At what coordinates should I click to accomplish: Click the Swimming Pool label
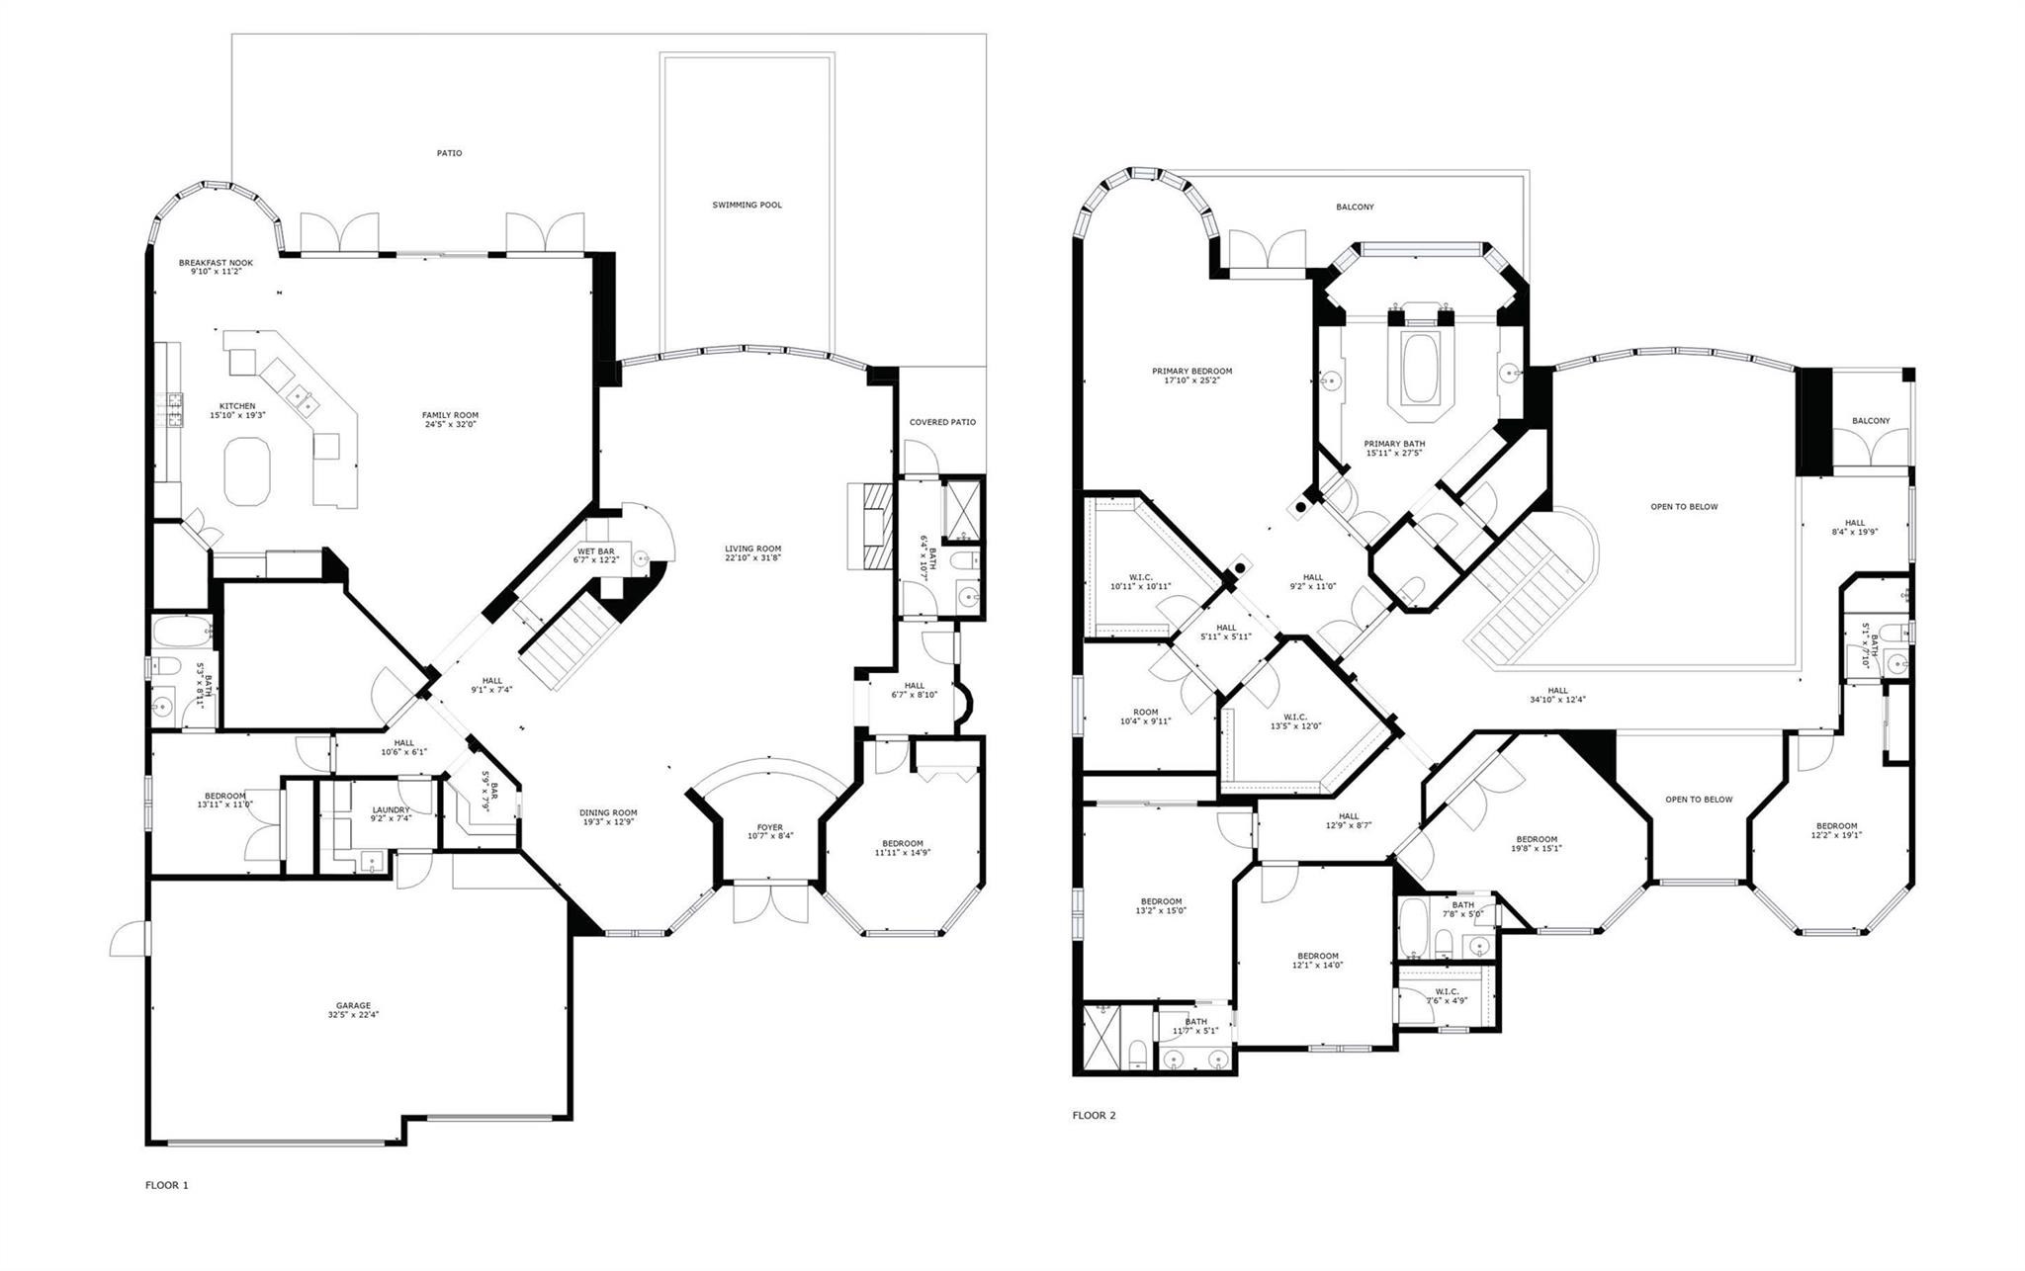tap(747, 205)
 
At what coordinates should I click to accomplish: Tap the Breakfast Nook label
tap(216, 263)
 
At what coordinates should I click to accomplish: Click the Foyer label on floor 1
tap(769, 827)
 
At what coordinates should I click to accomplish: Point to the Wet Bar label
tap(595, 551)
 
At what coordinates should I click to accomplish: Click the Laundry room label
tap(391, 809)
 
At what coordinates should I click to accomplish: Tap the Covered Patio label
tap(942, 422)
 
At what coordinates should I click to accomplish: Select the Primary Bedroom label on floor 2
tap(1191, 372)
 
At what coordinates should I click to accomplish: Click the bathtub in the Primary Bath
tap(1420, 368)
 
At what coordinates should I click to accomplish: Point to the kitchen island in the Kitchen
tap(247, 471)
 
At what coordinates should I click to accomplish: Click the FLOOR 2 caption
tap(1094, 1115)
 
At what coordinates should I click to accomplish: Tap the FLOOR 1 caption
tap(166, 1185)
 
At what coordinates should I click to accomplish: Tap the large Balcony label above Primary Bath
tap(1355, 208)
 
